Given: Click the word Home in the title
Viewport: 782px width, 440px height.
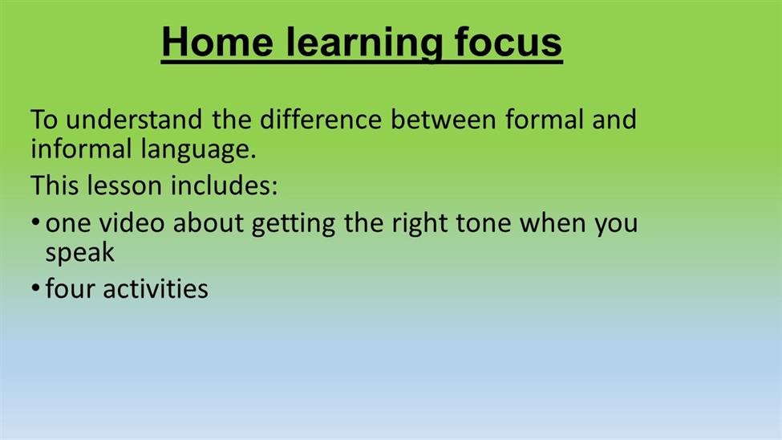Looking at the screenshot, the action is (x=217, y=42).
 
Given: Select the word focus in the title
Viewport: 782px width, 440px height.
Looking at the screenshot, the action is (x=509, y=42).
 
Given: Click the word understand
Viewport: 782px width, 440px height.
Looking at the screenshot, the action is (x=134, y=120).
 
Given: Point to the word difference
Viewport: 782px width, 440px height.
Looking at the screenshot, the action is (x=321, y=120).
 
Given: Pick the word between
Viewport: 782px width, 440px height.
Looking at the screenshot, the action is (x=443, y=120).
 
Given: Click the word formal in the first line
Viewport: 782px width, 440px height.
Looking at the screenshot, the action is (x=544, y=120).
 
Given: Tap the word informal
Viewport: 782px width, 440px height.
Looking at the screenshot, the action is (x=81, y=149).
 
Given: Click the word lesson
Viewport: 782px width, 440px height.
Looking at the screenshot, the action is (x=124, y=185).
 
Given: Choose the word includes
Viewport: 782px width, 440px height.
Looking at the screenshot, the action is (x=224, y=185).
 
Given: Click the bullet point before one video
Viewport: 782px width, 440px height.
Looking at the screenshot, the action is (x=35, y=222).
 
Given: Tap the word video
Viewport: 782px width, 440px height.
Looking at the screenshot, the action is (x=132, y=222).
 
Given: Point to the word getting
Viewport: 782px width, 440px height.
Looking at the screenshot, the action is (x=294, y=224).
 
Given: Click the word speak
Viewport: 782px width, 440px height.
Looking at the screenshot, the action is (x=79, y=254).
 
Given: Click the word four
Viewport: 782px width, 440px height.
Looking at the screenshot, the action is (x=71, y=288).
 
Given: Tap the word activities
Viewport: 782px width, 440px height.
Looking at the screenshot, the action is (x=156, y=288).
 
